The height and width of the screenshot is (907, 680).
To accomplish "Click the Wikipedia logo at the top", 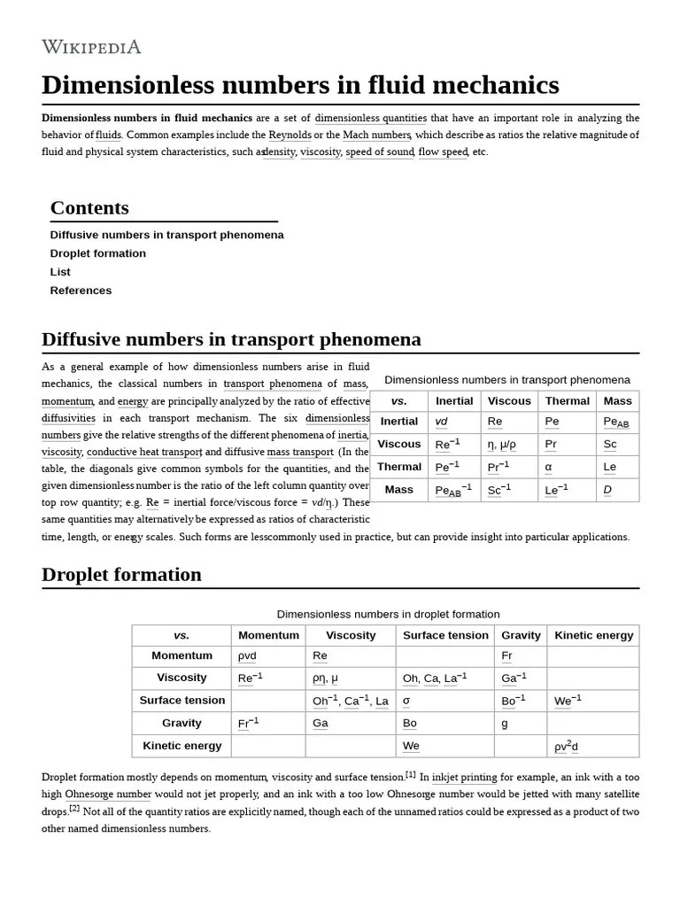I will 91,47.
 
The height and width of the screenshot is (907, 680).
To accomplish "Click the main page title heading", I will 300,85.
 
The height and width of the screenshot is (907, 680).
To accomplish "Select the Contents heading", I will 89,208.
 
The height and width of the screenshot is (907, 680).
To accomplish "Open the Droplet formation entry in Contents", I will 98,253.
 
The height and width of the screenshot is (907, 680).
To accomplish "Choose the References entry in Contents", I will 81,291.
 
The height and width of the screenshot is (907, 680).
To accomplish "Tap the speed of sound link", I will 379,151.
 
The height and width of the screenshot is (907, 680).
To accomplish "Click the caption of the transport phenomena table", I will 507,380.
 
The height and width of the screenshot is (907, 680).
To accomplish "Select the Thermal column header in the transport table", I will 567,401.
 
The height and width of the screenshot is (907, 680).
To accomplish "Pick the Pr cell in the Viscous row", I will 551,445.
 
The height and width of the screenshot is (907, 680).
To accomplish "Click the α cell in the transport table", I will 549,467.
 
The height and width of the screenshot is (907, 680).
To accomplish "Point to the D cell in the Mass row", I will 607,490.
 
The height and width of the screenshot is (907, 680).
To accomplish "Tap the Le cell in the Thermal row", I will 609,467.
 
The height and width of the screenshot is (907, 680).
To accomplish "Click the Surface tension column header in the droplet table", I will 445,635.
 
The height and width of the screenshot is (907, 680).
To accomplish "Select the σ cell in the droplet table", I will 406,701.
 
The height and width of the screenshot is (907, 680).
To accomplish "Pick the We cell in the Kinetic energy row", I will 411,746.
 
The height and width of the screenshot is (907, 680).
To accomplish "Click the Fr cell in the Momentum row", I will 506,656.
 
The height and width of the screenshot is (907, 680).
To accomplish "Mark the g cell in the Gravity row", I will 505,724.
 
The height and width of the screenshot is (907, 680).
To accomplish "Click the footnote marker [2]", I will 74,809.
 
